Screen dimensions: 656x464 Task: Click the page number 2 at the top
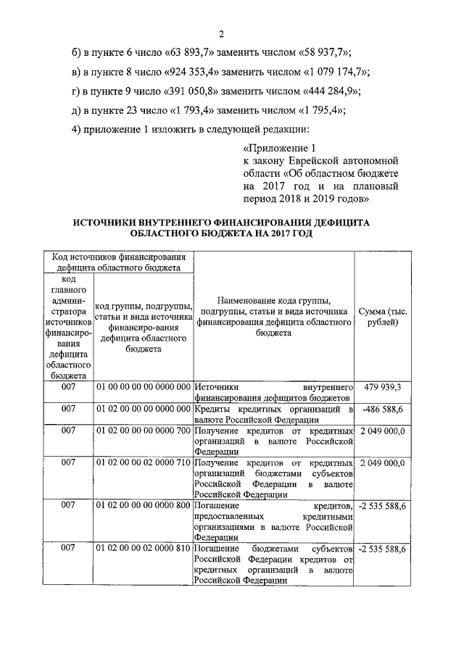point(222,33)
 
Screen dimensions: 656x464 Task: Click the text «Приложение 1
point(270,148)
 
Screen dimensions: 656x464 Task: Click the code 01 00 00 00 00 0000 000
point(143,388)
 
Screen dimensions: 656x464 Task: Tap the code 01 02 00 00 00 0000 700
point(143,431)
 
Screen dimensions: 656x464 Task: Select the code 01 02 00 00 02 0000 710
point(143,462)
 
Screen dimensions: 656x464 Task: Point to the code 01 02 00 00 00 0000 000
point(143,410)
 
